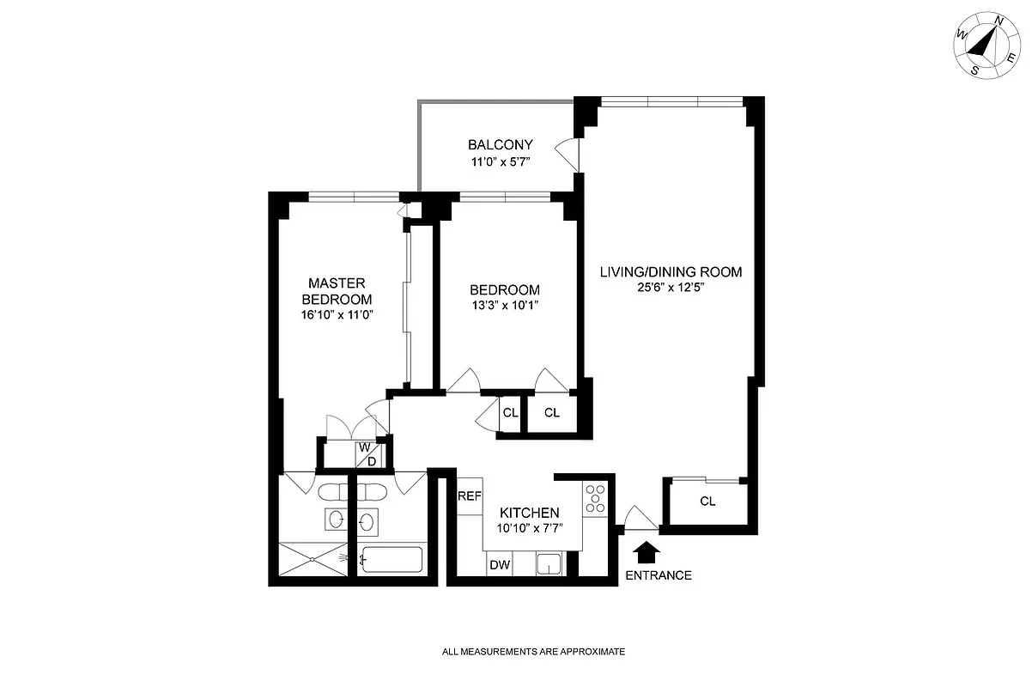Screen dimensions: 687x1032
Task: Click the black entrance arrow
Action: tap(647, 550)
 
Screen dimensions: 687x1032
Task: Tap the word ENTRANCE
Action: tap(658, 575)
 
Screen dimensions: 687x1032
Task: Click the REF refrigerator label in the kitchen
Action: tap(469, 496)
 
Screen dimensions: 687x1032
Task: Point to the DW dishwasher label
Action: tap(499, 564)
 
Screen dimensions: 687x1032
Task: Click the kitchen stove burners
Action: tap(595, 499)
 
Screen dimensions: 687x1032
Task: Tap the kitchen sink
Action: tap(549, 564)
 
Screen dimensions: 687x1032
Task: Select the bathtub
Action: tap(391, 560)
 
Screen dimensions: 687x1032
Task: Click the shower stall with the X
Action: tap(313, 561)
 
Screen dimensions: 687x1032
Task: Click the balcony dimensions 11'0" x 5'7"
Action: tap(501, 161)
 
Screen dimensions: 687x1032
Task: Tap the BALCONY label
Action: tap(501, 145)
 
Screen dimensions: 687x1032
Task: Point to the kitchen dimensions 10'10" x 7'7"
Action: tap(530, 527)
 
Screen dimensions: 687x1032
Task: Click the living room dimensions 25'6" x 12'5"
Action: tap(671, 288)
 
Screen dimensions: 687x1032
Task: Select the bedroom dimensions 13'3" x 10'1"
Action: tap(505, 305)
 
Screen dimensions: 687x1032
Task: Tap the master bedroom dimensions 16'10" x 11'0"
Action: tap(337, 314)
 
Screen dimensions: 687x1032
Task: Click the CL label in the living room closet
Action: tap(707, 502)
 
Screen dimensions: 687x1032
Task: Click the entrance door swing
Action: tap(640, 517)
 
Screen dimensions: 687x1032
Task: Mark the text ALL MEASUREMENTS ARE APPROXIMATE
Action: tap(533, 653)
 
